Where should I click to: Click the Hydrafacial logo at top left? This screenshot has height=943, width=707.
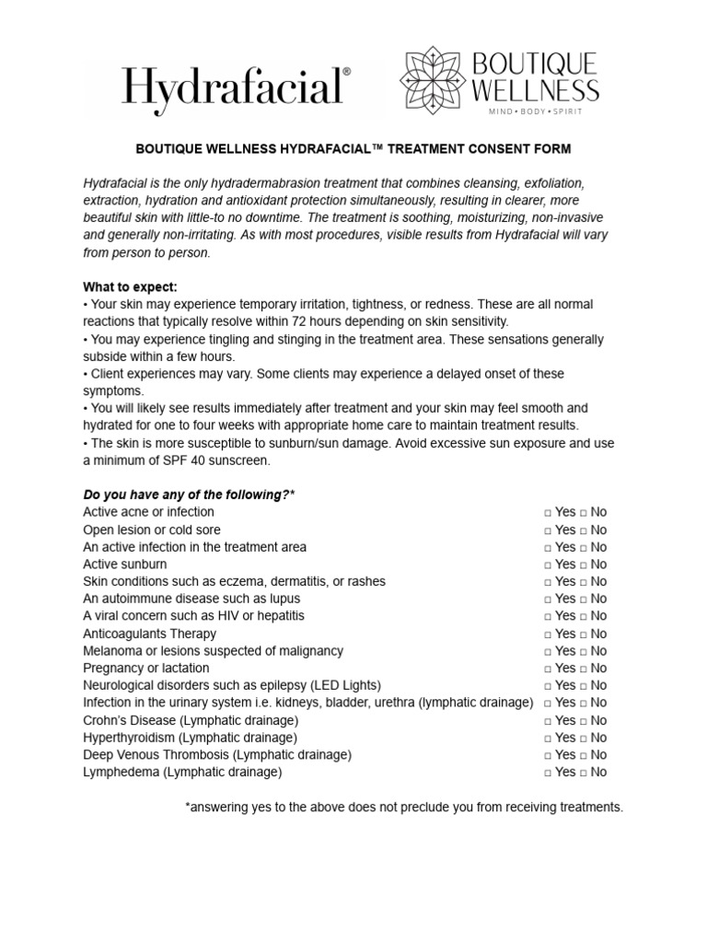(236, 88)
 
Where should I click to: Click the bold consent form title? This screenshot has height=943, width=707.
(353, 148)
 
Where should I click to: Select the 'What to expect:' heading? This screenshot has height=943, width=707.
(130, 286)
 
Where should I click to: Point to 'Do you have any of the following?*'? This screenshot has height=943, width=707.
(189, 495)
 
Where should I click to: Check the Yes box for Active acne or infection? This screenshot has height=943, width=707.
(548, 513)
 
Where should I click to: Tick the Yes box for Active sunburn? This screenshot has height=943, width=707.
(548, 565)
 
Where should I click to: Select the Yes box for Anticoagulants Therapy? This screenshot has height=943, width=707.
(548, 634)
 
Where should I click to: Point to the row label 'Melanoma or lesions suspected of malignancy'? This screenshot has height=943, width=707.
(213, 651)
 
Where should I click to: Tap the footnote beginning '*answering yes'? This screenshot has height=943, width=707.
(404, 808)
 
